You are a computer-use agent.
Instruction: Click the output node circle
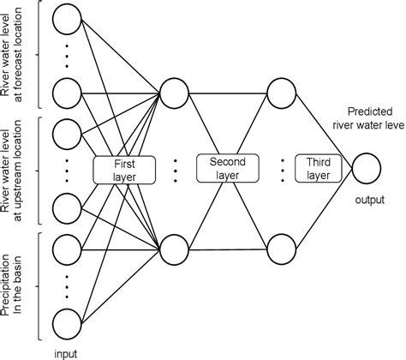pos(368,167)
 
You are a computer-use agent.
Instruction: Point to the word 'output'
pos(368,201)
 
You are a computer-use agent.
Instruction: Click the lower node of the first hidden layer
pos(172,248)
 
